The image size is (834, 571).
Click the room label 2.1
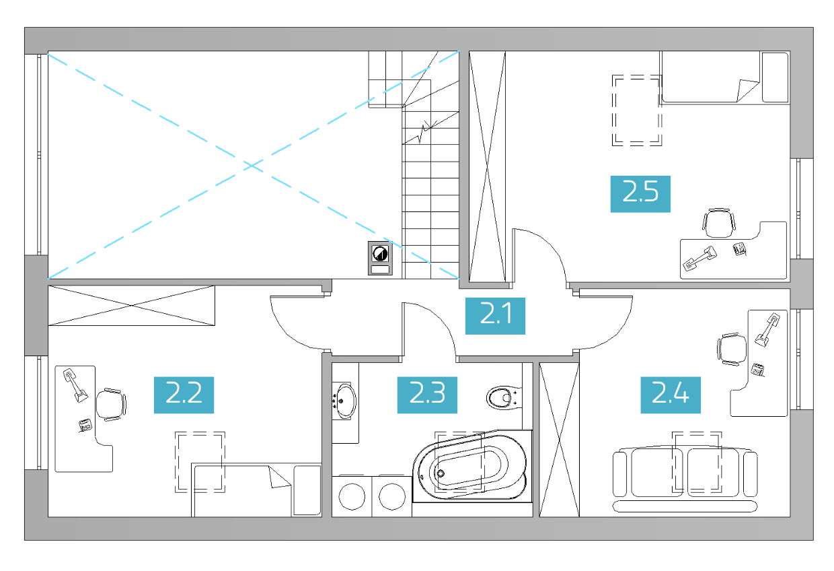tap(495, 316)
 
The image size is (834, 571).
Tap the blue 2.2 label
tap(184, 395)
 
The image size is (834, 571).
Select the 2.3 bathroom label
tap(427, 395)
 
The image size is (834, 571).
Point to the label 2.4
tap(671, 395)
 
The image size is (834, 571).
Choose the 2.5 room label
tap(640, 194)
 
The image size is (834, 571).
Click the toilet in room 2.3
tap(504, 398)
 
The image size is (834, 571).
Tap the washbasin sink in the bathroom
tap(345, 401)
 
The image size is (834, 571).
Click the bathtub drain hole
tap(441, 474)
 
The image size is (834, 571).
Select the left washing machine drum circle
tap(352, 496)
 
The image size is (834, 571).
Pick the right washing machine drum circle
tap(392, 496)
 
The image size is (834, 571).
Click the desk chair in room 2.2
tap(111, 405)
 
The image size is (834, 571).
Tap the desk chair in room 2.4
tap(732, 349)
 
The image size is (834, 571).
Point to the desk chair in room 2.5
tap(718, 222)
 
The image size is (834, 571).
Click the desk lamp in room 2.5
tap(699, 259)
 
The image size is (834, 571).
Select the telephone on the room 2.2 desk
tap(85, 426)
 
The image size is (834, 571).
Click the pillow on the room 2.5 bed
tap(775, 77)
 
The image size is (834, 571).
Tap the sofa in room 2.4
tap(685, 479)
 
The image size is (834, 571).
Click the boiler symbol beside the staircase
tap(380, 259)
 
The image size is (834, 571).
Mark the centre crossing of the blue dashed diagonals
tap(253, 165)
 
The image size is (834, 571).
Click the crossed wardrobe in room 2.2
tap(131, 305)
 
